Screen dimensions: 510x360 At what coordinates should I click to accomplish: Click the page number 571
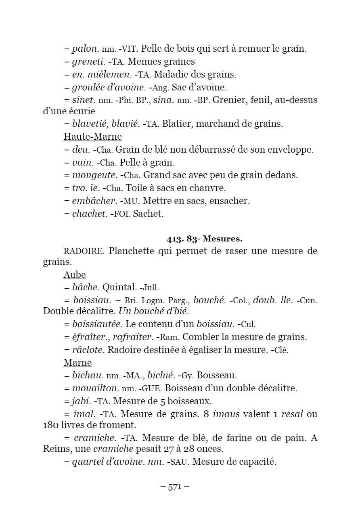(x=175, y=487)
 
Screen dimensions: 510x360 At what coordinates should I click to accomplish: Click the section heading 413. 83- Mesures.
(x=204, y=239)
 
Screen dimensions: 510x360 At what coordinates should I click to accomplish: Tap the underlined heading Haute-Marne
(x=93, y=136)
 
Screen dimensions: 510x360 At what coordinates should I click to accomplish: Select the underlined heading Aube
(x=75, y=275)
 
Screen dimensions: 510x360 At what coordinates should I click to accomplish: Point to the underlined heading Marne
(x=77, y=362)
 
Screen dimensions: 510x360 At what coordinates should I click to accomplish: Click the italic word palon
(x=84, y=49)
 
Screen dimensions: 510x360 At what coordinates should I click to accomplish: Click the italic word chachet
(x=89, y=214)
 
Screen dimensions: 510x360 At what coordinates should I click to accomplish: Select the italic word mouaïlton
(x=95, y=388)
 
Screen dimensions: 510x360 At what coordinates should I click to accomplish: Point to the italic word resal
(x=292, y=414)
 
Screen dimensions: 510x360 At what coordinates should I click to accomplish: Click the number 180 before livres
(x=50, y=425)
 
